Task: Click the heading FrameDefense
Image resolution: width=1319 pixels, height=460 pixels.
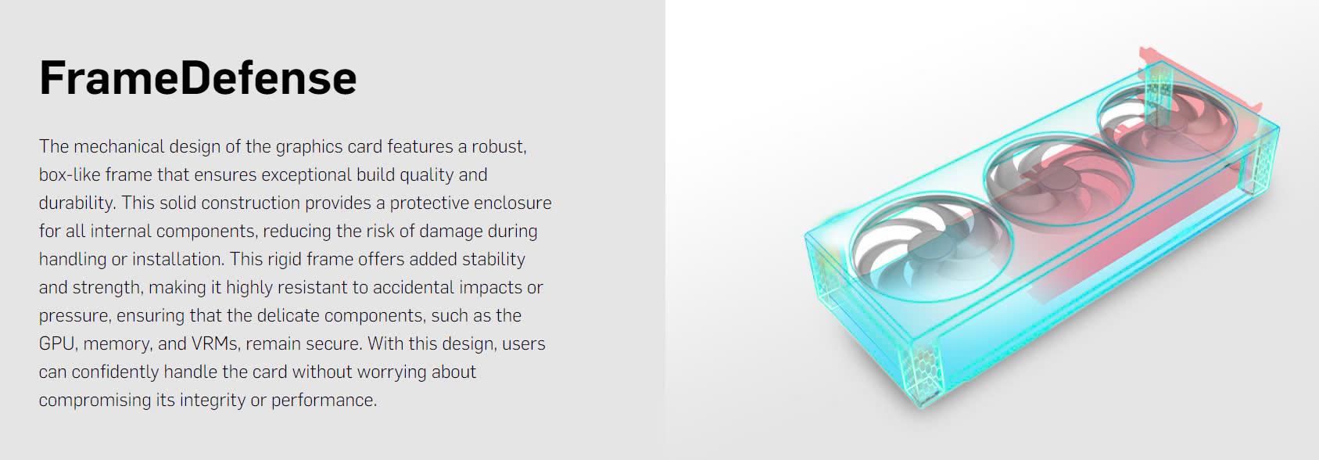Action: pyautogui.click(x=198, y=77)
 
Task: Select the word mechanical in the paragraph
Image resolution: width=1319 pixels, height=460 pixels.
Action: pyautogui.click(x=119, y=146)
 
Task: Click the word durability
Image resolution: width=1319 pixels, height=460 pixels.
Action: pyautogui.click(x=77, y=203)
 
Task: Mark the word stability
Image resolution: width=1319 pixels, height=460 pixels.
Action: pyautogui.click(x=493, y=260)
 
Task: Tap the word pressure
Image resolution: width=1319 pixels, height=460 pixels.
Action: pyautogui.click(x=74, y=316)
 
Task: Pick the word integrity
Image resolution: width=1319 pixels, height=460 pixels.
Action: pyautogui.click(x=212, y=401)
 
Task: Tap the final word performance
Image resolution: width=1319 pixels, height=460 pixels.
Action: pyautogui.click(x=324, y=401)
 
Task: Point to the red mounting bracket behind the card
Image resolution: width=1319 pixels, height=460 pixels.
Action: pyautogui.click(x=1201, y=82)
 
